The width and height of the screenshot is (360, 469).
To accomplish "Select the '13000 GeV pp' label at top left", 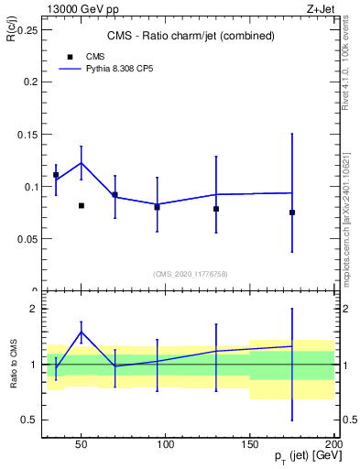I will pos(80,8).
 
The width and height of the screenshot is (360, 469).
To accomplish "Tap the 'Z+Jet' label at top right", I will pos(318,8).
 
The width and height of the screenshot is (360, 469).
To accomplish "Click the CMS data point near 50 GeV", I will pos(82,205).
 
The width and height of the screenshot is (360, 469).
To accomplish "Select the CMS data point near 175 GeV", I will pos(292,213).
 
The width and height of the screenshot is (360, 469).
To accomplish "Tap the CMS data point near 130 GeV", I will pos(216,209).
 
